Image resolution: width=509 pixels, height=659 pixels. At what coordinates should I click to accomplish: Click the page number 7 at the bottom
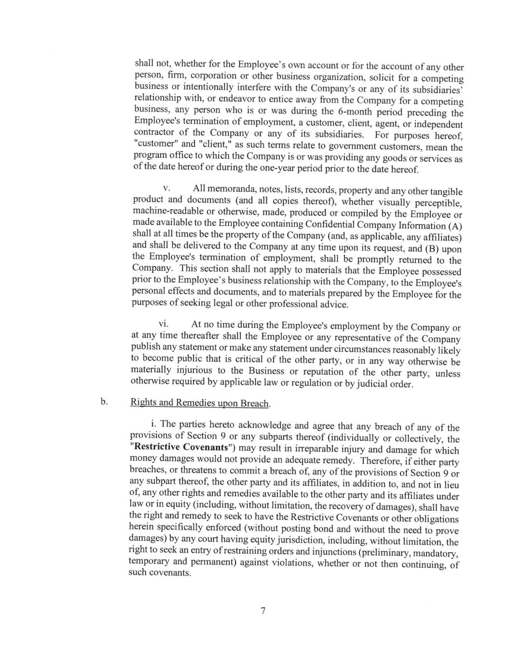263,611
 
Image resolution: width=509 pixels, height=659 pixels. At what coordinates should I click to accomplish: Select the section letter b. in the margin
103,401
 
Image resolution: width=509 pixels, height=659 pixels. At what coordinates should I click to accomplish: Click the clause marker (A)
454,226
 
